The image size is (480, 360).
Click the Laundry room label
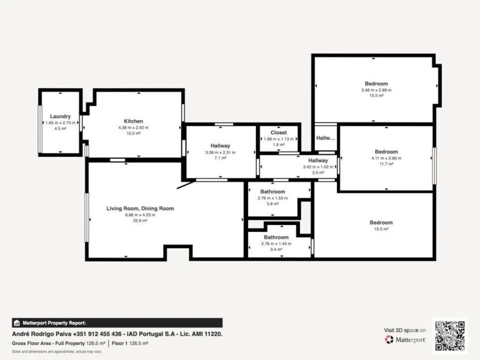[60, 116]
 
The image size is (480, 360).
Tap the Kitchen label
[133, 121]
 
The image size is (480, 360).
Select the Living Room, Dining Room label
[140, 208]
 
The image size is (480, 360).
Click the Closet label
[278, 132]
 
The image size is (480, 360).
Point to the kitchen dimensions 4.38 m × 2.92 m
[133, 127]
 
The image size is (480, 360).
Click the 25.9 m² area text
[140, 220]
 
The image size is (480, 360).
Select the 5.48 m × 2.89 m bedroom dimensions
[376, 90]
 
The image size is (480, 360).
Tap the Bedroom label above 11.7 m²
[386, 152]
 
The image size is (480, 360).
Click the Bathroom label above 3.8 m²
[273, 191]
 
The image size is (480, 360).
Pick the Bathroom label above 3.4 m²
[276, 237]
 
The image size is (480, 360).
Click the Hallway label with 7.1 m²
[220, 145]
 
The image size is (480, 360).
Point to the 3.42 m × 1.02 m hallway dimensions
[318, 167]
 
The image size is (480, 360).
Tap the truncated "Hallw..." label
[325, 138]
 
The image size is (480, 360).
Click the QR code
[450, 335]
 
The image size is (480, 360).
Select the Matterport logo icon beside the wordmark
[389, 339]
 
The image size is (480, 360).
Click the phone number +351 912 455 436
[97, 334]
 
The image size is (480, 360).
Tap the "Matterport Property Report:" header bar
[117, 323]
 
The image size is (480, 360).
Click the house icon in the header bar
[17, 323]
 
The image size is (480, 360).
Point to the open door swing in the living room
[186, 185]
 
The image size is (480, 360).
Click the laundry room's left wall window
[40, 129]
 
